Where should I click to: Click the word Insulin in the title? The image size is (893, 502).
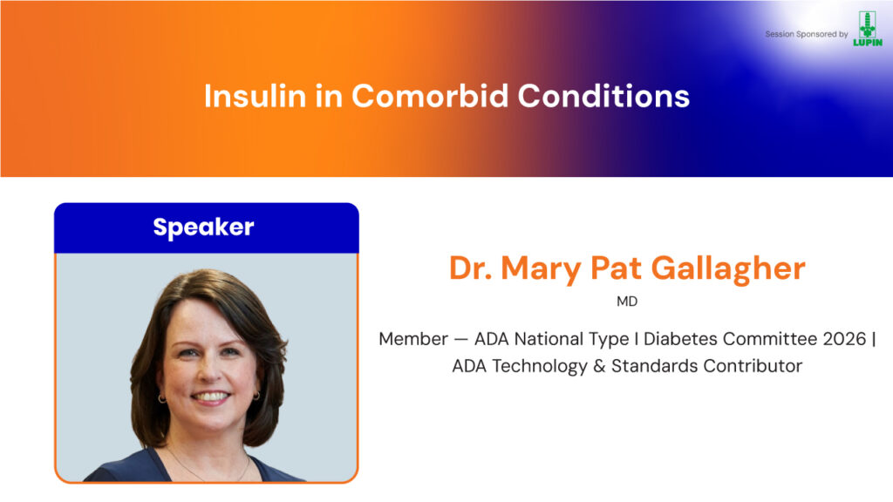(x=256, y=96)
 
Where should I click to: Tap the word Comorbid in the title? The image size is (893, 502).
(x=429, y=96)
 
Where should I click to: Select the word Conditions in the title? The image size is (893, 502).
(x=603, y=96)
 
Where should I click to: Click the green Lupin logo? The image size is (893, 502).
(x=868, y=29)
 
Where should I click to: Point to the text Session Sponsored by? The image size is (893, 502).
(x=807, y=34)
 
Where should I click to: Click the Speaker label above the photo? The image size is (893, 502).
(x=203, y=227)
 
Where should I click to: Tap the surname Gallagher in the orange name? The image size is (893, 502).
(x=728, y=268)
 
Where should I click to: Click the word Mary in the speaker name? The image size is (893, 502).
(x=541, y=268)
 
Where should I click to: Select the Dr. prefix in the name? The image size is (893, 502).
(x=470, y=268)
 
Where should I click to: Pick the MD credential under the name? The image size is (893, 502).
(x=627, y=302)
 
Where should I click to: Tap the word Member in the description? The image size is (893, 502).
(x=413, y=339)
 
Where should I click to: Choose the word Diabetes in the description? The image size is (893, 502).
(x=680, y=339)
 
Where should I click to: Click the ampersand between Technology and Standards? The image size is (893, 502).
(x=598, y=365)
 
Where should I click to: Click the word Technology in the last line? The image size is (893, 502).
(x=539, y=366)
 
